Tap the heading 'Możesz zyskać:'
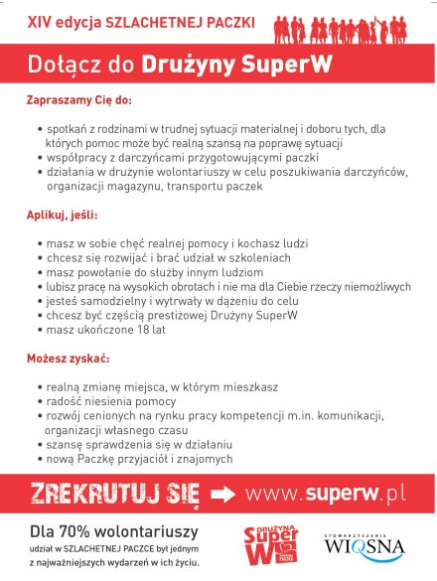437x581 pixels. point(68,357)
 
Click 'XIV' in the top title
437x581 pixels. point(39,21)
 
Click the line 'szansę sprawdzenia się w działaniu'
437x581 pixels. point(139,445)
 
